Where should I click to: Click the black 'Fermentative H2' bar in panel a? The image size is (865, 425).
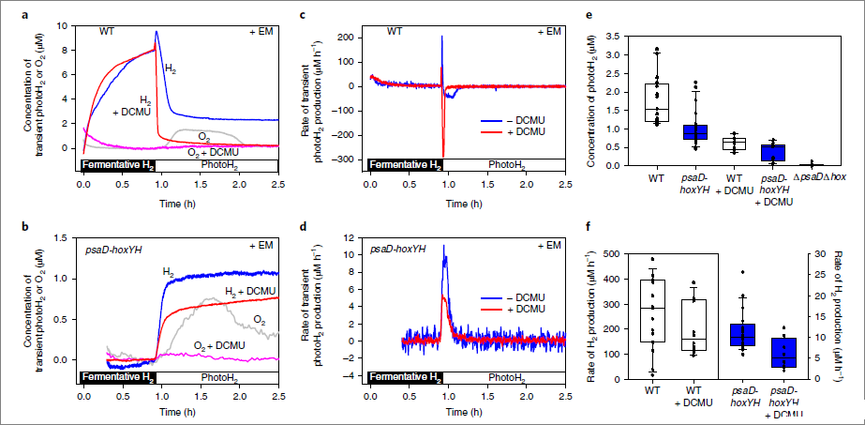tap(117, 165)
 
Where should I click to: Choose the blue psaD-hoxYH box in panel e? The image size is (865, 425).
tap(694, 131)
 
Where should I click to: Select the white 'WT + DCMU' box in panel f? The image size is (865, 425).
tap(693, 326)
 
